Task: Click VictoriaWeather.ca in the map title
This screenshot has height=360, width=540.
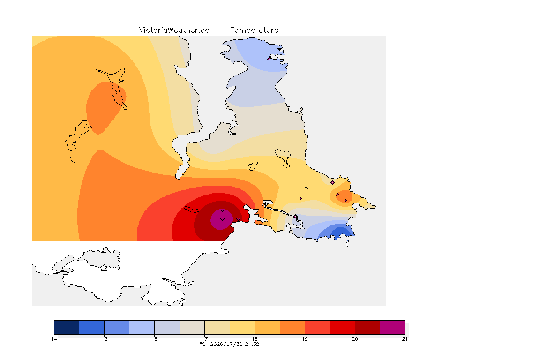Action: pos(174,30)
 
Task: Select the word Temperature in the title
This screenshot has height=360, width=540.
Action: pos(254,30)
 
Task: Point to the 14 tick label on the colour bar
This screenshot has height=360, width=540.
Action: pos(54,339)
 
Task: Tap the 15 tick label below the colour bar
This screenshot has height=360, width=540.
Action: pos(105,339)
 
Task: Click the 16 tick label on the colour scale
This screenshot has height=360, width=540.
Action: pos(154,339)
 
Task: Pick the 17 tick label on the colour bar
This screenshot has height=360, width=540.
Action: pos(204,339)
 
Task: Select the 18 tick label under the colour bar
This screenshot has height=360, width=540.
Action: pos(255,339)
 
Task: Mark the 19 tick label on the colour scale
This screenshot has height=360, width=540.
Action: pos(305,339)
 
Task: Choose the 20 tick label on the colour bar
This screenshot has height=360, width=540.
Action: pos(355,339)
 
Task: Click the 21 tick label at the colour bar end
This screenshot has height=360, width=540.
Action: pos(405,339)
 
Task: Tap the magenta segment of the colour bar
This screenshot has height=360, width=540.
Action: pos(393,327)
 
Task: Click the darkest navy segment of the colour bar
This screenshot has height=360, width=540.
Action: pos(67,327)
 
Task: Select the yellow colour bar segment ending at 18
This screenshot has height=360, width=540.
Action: pos(242,327)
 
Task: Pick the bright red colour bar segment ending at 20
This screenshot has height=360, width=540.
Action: pos(342,327)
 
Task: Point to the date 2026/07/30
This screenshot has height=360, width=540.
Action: pos(226,344)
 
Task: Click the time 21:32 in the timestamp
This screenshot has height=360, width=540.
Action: pos(252,344)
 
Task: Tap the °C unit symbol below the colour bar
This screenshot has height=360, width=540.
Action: pos(203,344)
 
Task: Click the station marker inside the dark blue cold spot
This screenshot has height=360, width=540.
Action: pos(341,231)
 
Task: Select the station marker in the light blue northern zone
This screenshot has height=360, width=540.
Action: pos(270,59)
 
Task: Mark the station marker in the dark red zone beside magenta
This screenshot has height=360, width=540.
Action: pos(238,219)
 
